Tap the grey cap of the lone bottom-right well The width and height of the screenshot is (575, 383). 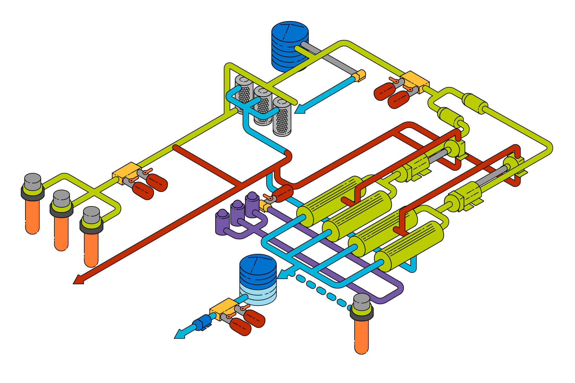pyautogui.click(x=362, y=302)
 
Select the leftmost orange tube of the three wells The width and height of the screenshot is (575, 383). pyautogui.click(x=32, y=217)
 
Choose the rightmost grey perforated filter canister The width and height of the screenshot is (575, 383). pyautogui.click(x=282, y=117)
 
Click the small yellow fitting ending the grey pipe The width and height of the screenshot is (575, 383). pyautogui.click(x=360, y=75)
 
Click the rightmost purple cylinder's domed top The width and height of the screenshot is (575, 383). pyautogui.click(x=252, y=196)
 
